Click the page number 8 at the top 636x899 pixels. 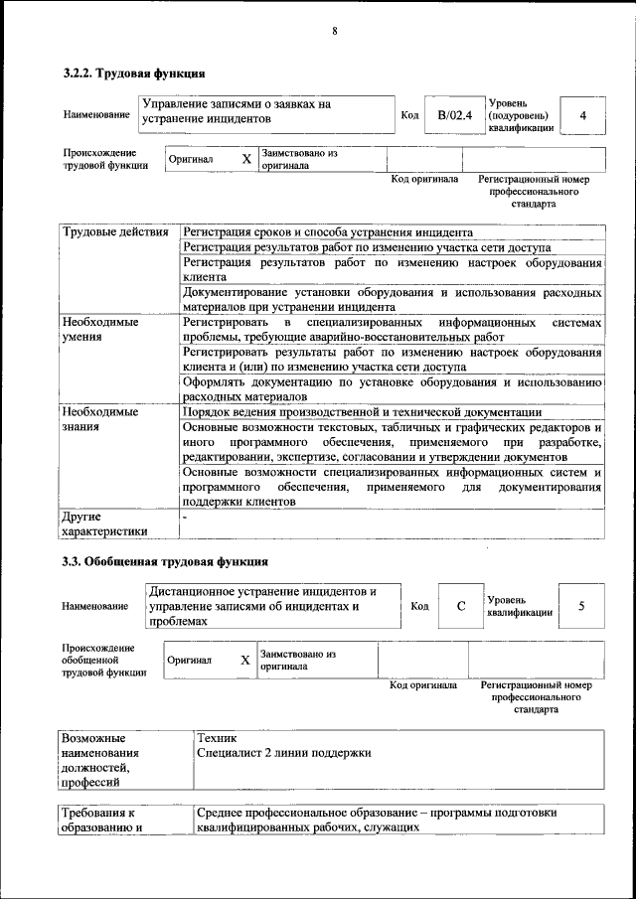point(335,31)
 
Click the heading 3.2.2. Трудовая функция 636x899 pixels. point(134,73)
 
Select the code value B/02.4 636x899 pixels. point(453,115)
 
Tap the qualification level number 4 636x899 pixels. point(583,115)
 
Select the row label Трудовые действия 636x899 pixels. point(115,232)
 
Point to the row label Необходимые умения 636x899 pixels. point(100,330)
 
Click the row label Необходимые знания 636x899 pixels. point(100,419)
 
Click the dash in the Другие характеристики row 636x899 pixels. point(184,518)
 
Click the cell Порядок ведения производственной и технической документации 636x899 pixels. point(362,412)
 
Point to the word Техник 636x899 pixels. point(217,738)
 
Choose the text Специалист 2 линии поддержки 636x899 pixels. point(284,753)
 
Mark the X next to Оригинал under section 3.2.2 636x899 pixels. point(246,159)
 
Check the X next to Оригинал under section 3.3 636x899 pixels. point(244,660)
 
